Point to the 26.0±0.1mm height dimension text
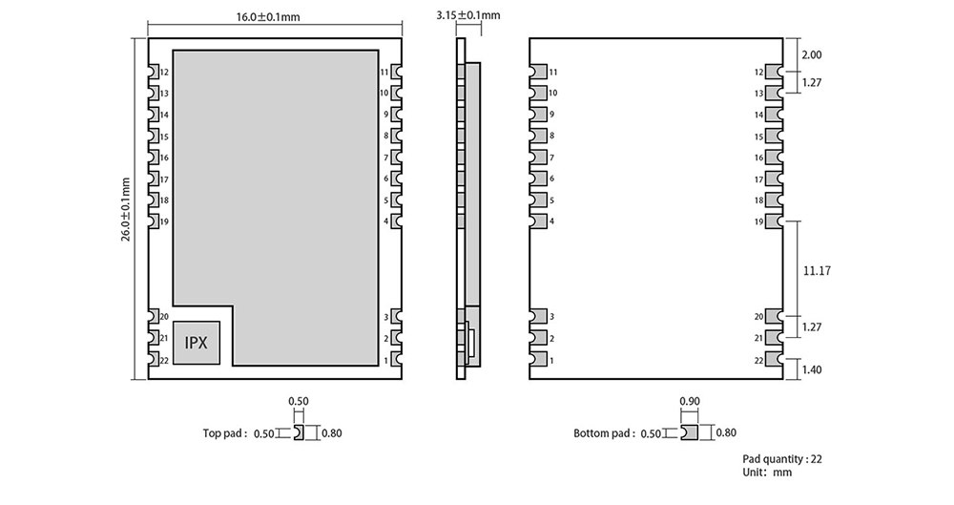pyautogui.click(x=125, y=208)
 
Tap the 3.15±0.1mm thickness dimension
pyautogui.click(x=467, y=15)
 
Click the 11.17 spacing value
pyautogui.click(x=818, y=271)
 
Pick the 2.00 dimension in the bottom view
pyautogui.click(x=812, y=55)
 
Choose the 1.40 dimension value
pyautogui.click(x=812, y=369)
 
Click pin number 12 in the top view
pyautogui.click(x=165, y=73)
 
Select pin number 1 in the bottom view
pyautogui.click(x=551, y=360)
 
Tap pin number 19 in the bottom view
pyautogui.click(x=758, y=221)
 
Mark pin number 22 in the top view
pyautogui.click(x=165, y=360)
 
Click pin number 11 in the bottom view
pyautogui.click(x=553, y=73)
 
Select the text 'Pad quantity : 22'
pyautogui.click(x=781, y=459)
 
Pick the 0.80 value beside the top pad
pyautogui.click(x=332, y=433)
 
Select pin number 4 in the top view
pyautogui.click(x=385, y=221)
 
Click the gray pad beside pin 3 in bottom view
pyautogui.click(x=538, y=317)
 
